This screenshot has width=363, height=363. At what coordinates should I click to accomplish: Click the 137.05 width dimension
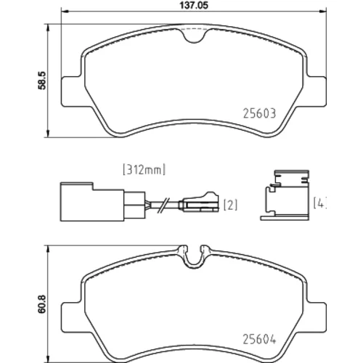194,5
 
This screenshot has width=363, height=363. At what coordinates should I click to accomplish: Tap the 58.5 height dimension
42,81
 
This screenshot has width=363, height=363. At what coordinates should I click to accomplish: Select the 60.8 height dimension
42,304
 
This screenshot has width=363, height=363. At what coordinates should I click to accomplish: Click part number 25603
259,113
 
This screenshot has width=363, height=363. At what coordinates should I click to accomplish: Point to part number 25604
259,340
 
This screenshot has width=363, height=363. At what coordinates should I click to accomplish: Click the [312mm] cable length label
144,169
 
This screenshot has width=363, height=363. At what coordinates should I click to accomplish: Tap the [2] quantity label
230,205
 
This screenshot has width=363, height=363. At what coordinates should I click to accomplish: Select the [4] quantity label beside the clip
320,203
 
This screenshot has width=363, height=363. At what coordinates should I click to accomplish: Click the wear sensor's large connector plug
92,202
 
